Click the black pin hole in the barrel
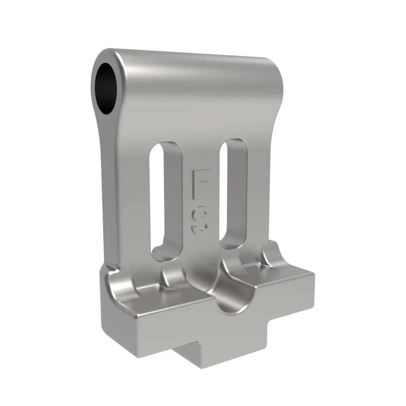[x=105, y=89]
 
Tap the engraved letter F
[x=201, y=183]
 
